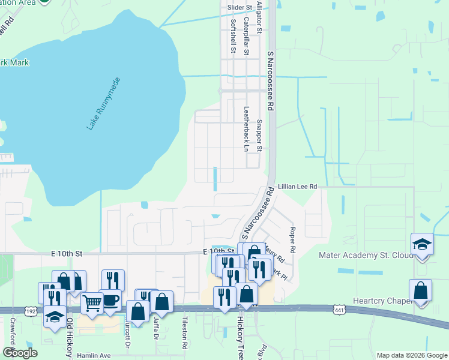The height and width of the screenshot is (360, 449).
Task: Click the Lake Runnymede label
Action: tap(104, 103)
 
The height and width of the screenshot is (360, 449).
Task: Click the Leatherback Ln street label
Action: tap(246, 128)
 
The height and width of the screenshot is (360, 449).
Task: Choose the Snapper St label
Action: tap(259, 135)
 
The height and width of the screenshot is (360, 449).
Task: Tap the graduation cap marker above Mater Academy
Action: tap(422, 244)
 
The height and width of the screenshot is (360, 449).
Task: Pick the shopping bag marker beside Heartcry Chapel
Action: tap(421, 290)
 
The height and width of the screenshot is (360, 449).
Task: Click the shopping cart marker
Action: tap(92, 303)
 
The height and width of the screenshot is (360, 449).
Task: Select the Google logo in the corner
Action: tap(20, 353)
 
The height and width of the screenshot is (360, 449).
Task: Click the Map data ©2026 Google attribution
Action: tap(411, 355)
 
